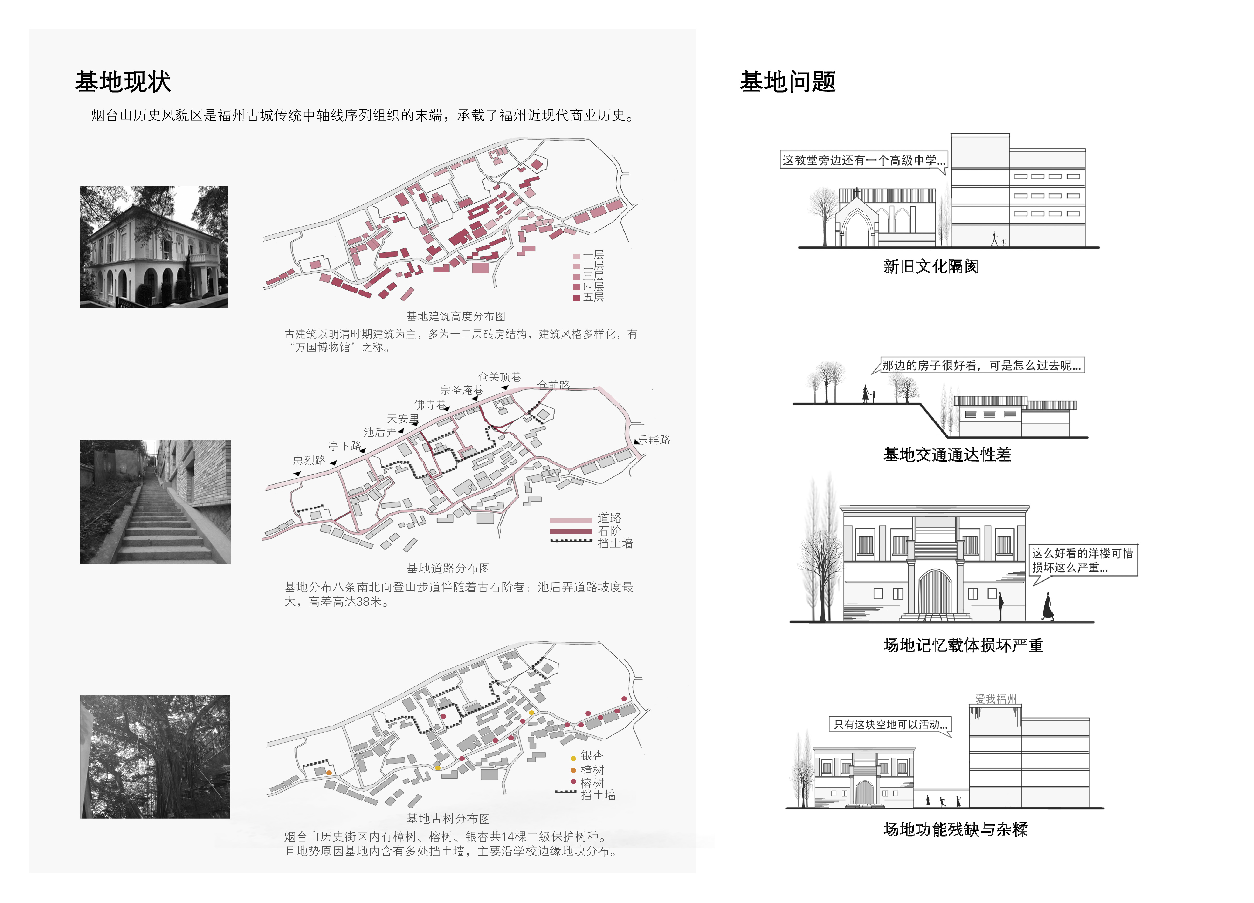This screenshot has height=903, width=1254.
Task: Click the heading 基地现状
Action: pos(123,82)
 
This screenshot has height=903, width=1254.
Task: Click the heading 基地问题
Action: pos(787,82)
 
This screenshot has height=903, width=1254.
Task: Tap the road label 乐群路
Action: pos(654,440)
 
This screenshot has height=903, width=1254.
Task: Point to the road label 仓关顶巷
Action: pos(499,377)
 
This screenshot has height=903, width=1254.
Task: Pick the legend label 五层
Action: pos(593,297)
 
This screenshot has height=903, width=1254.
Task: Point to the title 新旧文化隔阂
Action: pos(931,266)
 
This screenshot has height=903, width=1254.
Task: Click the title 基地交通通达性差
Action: pos(947,454)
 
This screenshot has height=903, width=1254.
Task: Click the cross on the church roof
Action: pos(856,192)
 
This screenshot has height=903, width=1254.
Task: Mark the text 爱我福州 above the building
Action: pos(996,699)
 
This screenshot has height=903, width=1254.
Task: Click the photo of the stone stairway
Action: pos(155,502)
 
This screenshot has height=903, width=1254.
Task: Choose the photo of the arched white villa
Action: pos(154,247)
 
